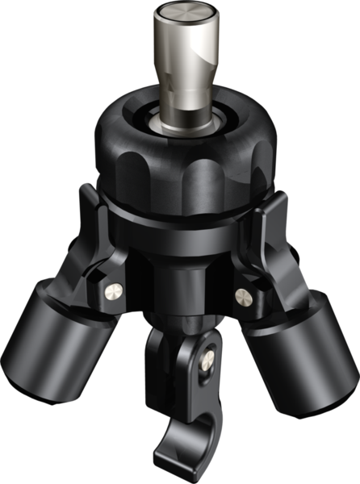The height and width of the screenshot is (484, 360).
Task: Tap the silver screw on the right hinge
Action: point(242,296)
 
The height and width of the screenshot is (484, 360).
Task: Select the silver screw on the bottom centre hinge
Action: point(210,355)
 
